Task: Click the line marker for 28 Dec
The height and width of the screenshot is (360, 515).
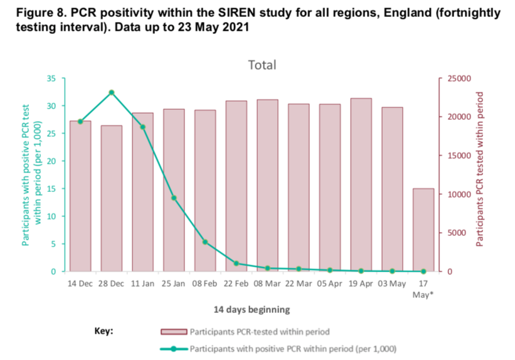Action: click(111, 92)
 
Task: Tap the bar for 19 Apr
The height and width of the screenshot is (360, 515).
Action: click(361, 184)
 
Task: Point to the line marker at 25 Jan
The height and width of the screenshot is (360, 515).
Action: click(174, 198)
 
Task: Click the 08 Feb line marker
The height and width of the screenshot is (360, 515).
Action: click(205, 242)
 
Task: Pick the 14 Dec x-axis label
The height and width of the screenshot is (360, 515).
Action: click(80, 284)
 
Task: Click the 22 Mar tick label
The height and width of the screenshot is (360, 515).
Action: click(298, 284)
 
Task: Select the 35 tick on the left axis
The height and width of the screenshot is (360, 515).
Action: click(51, 78)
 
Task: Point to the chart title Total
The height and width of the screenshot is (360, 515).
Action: click(262, 65)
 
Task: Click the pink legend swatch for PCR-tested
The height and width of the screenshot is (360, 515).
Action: click(174, 331)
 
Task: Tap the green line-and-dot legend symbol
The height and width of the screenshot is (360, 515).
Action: click(174, 347)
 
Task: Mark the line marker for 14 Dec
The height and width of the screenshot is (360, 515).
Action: click(80, 121)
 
